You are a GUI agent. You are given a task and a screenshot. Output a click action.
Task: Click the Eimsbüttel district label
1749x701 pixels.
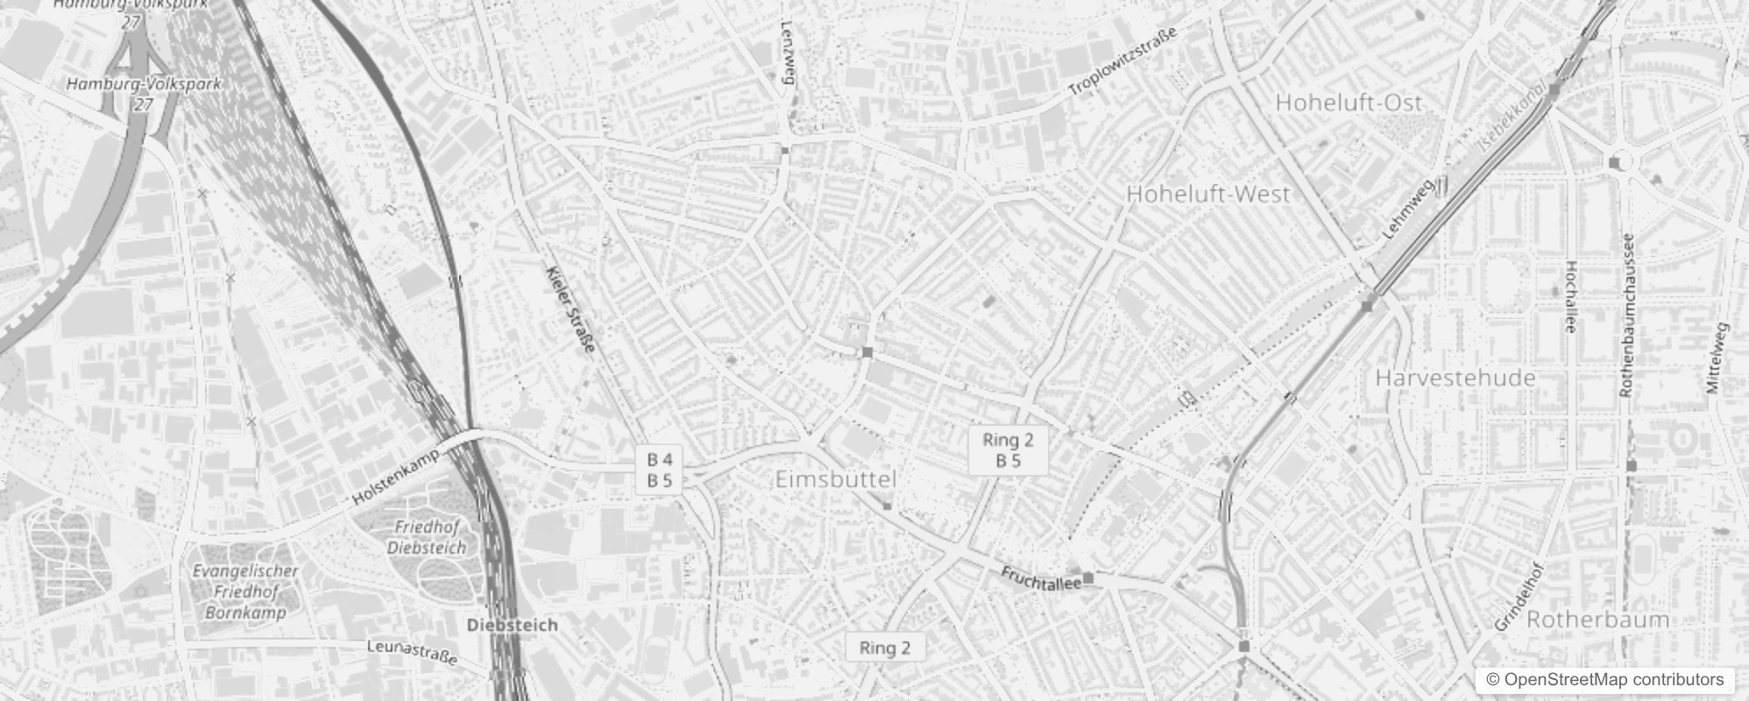[836, 479]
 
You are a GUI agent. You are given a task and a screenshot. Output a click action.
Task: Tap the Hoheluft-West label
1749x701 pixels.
[1207, 194]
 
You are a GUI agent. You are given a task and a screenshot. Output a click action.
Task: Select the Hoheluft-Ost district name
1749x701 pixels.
[1349, 103]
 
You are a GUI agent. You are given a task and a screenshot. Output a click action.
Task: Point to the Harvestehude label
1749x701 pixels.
[1455, 379]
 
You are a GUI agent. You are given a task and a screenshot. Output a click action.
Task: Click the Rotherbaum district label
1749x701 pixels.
[1597, 620]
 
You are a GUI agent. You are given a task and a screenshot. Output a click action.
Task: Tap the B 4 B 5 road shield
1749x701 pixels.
[660, 470]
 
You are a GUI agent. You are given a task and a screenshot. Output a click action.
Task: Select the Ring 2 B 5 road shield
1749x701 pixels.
[1008, 450]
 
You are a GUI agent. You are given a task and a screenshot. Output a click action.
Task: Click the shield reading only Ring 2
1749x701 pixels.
[884, 648]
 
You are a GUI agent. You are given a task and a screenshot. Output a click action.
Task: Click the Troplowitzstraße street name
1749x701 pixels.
[1122, 61]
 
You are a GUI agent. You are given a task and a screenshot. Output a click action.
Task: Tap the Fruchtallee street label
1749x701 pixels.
[1041, 579]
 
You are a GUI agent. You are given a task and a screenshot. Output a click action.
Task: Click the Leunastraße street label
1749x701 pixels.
[412, 652]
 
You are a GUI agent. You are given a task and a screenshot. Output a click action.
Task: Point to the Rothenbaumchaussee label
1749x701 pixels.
[1627, 315]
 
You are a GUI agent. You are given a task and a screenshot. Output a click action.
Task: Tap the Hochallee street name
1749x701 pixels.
[1570, 296]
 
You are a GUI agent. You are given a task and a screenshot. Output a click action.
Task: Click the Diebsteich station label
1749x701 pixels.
[513, 626]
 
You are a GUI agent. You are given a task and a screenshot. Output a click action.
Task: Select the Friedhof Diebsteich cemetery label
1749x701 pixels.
[427, 537]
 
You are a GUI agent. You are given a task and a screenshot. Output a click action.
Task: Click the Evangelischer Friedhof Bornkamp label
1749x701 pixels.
[245, 591]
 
